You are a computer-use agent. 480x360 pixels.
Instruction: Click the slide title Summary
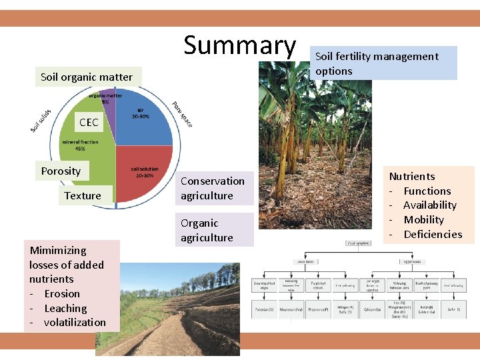(x=239, y=45)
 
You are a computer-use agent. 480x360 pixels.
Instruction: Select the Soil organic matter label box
(x=87, y=77)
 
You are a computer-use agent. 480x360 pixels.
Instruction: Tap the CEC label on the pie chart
(x=89, y=123)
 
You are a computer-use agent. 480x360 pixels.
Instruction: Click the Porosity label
(x=61, y=171)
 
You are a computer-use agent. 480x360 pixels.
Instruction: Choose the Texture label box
(x=83, y=195)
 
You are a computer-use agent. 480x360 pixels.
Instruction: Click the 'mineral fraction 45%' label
(x=80, y=145)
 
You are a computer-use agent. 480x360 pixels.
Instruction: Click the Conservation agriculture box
(x=213, y=188)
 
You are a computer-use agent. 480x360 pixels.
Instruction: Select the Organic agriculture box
(x=207, y=230)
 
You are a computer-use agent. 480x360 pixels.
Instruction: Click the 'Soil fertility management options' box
(x=383, y=63)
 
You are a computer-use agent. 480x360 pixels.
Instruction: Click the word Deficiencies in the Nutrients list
(x=433, y=234)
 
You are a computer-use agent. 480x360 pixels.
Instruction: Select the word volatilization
(x=75, y=323)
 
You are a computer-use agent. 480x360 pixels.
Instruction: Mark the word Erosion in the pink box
(x=62, y=293)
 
